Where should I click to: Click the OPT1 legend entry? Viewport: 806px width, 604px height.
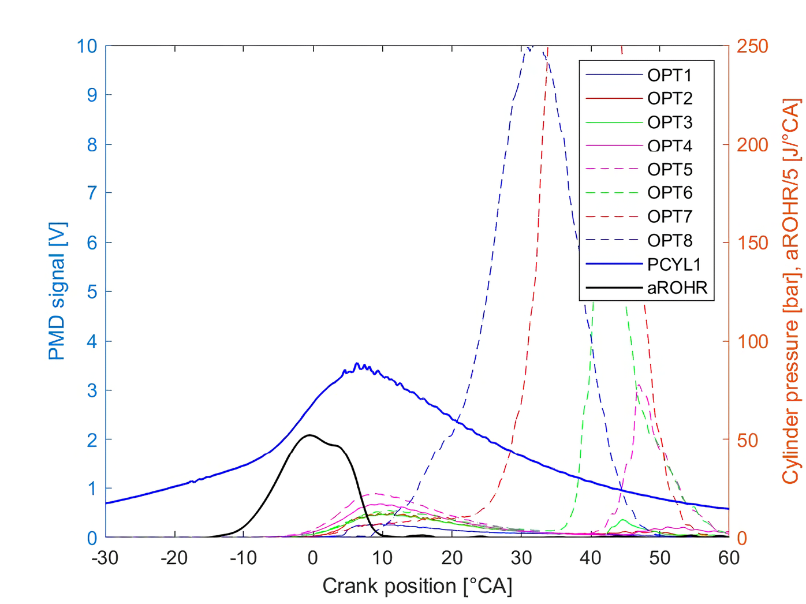(x=669, y=75)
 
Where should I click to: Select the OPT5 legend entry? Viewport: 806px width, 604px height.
(x=669, y=170)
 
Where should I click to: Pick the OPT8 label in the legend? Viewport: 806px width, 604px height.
(x=669, y=240)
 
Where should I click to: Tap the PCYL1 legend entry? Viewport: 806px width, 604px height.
(x=674, y=264)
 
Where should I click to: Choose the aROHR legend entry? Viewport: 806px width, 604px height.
(x=677, y=288)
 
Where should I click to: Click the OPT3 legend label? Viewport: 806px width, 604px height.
(x=669, y=122)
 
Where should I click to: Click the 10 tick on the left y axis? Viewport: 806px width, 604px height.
(x=87, y=46)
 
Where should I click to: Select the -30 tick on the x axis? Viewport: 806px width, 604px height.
(x=105, y=558)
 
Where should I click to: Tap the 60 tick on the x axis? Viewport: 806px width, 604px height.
(x=729, y=558)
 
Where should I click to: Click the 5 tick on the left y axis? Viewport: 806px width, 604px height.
(x=92, y=292)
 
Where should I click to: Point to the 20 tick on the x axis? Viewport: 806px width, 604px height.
(x=451, y=558)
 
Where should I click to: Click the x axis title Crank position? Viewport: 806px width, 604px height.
(x=417, y=586)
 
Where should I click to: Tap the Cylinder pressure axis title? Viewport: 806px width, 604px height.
(x=790, y=292)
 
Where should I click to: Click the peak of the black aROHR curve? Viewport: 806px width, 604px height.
(x=310, y=435)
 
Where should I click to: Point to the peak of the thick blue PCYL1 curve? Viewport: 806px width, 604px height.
(x=357, y=363)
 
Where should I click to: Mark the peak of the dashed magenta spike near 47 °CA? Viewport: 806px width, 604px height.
(x=639, y=385)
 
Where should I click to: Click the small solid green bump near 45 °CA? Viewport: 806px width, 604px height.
(x=622, y=520)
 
